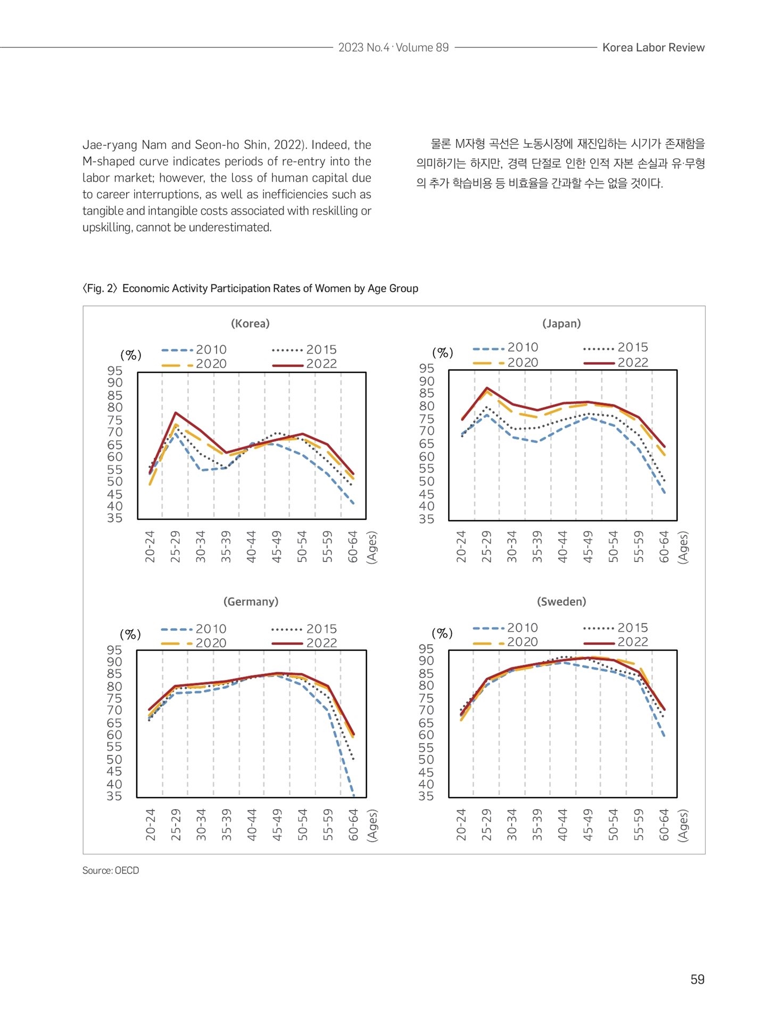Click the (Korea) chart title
pos(250,324)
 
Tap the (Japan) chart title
pos(561,324)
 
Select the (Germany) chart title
pos(251,601)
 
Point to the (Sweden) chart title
pos(561,601)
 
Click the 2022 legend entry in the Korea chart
pos(304,364)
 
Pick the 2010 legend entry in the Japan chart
pos(506,348)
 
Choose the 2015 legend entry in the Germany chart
pos(304,629)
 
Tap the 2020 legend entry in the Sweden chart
pos(505,642)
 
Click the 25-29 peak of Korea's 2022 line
pos(175,413)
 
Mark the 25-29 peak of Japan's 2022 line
pos(486,388)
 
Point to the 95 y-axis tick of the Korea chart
pos(114,371)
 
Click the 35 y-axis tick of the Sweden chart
pos(426,796)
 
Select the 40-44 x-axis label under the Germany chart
pos(251,825)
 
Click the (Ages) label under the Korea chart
pos(372,547)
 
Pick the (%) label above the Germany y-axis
pos(130,634)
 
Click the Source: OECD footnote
pos(111,870)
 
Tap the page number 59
pos(697,979)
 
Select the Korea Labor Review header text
pos(653,47)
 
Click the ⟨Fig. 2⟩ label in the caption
pos(100,289)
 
